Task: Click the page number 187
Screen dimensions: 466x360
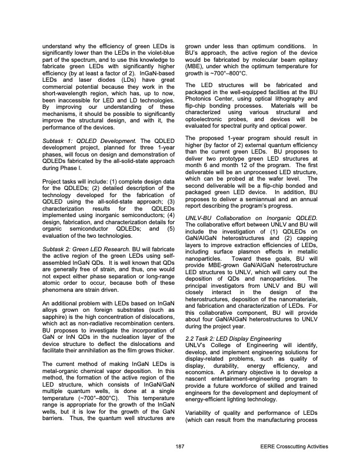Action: pos(179,447)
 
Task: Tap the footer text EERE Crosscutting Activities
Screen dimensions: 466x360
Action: pos(293,447)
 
